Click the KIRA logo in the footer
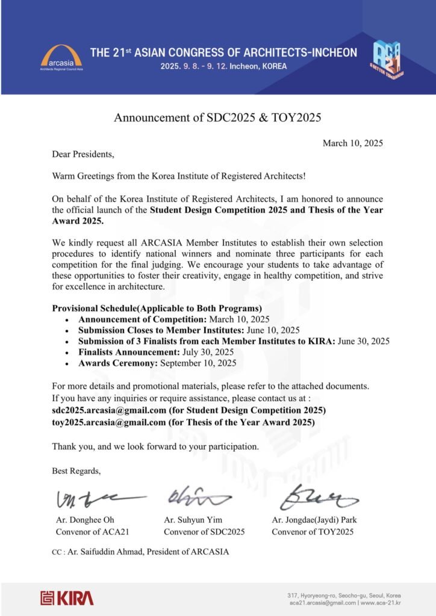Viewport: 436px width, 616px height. point(67,597)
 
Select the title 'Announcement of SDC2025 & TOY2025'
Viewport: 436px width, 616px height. point(217,117)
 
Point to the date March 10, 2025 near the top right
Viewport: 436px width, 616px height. point(353,143)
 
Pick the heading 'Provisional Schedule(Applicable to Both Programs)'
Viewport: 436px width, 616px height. point(156,309)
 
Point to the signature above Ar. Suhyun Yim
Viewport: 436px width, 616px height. point(196,497)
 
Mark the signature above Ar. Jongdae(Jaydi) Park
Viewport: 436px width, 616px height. point(317,497)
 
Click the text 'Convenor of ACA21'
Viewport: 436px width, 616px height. point(92,532)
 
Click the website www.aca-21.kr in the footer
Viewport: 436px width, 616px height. point(381,602)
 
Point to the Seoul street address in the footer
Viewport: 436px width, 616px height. point(344,595)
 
